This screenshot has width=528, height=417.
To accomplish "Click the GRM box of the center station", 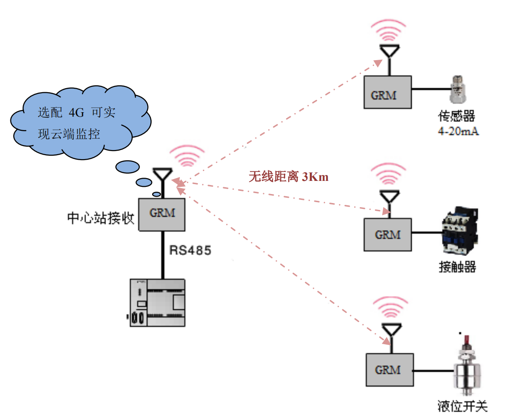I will point(162,214).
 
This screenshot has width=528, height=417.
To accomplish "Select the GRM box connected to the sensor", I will point(388,92).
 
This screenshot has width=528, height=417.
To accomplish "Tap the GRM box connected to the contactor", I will point(388,235).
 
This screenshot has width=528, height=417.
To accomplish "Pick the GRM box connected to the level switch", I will point(389,370).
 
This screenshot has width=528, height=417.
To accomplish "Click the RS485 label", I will point(190,250).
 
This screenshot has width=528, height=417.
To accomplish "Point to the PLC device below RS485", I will point(157,303).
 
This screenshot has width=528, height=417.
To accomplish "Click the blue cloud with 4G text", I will point(77,122).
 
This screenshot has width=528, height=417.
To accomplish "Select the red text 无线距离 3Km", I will point(288,177).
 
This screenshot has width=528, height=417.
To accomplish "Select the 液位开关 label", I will point(462,406).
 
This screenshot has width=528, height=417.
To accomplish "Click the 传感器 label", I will point(456,117).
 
